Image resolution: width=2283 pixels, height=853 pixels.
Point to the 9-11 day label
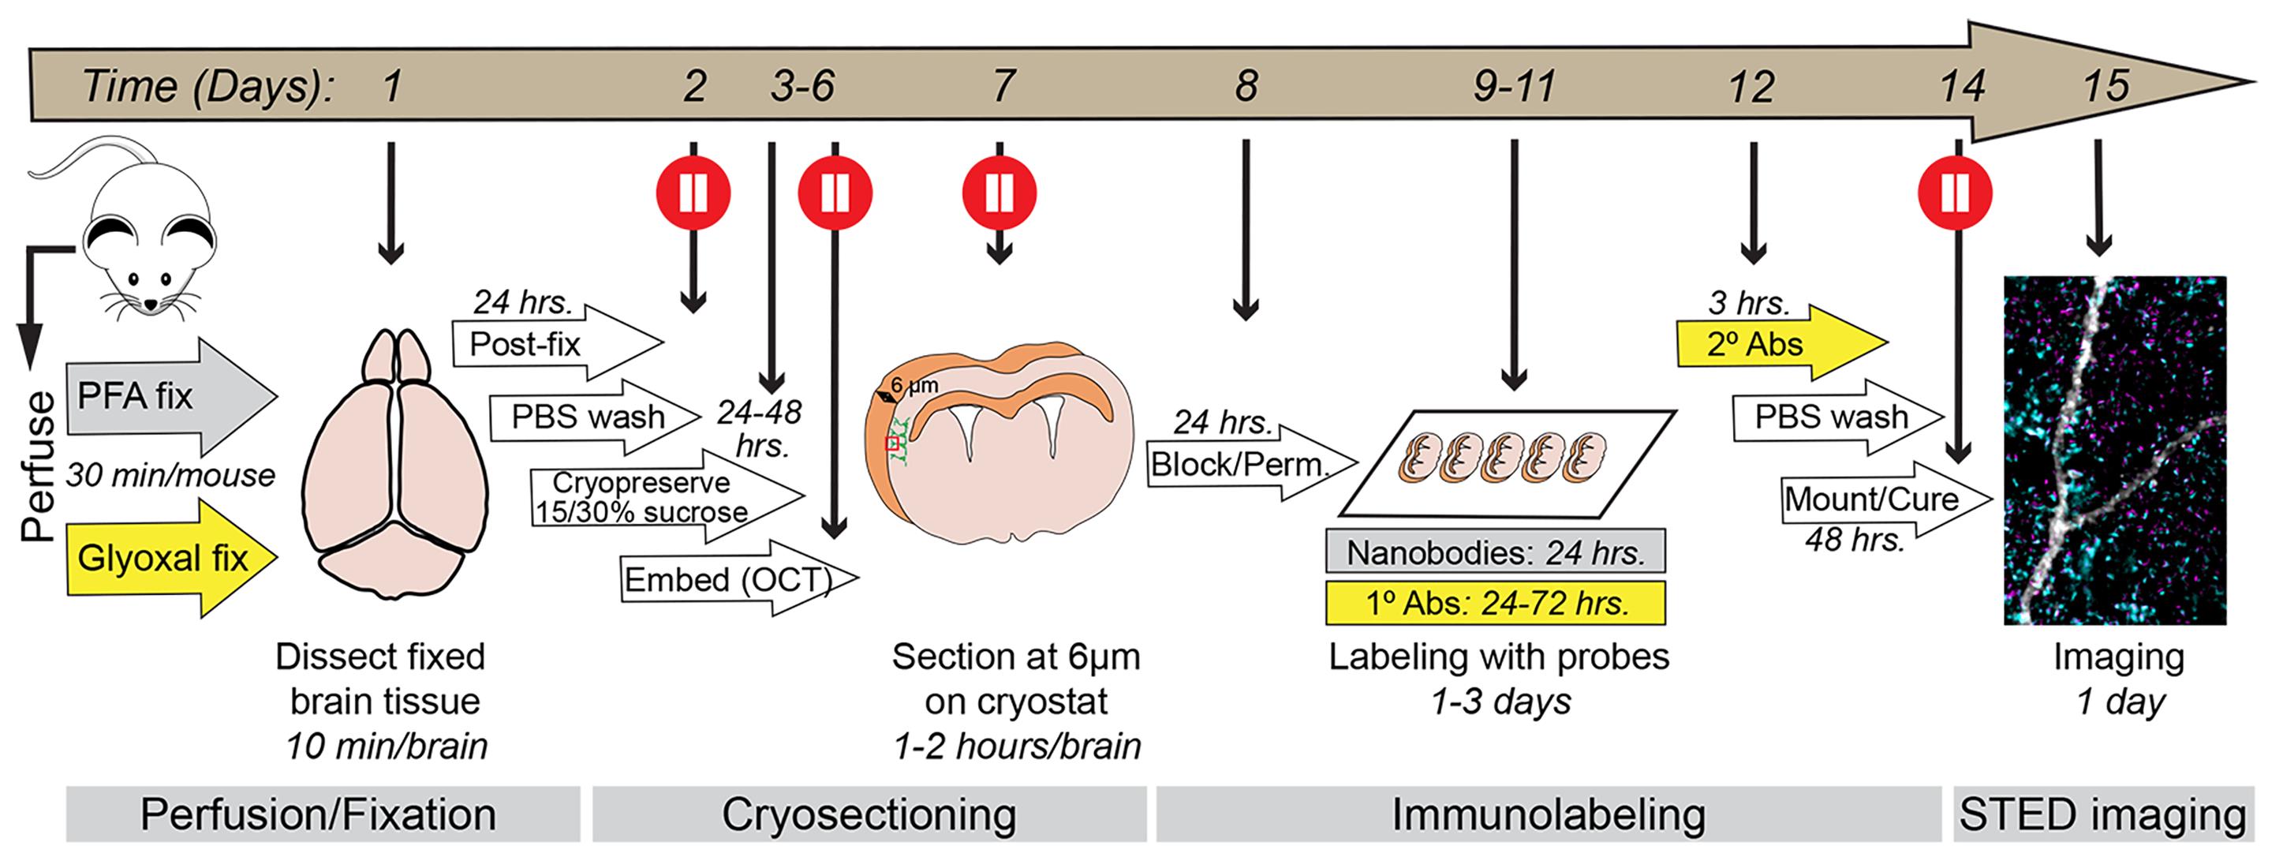(x=1515, y=87)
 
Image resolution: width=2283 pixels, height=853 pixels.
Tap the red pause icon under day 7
(x=1000, y=193)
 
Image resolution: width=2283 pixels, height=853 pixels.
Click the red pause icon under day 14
(x=1955, y=193)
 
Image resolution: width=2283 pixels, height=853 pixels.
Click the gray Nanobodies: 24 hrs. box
(x=1496, y=552)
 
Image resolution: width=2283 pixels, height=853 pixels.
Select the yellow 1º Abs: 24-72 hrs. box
(x=1496, y=604)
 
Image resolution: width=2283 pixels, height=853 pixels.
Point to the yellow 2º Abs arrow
(x=1764, y=344)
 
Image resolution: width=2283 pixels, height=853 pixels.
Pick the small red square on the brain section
(x=893, y=443)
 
